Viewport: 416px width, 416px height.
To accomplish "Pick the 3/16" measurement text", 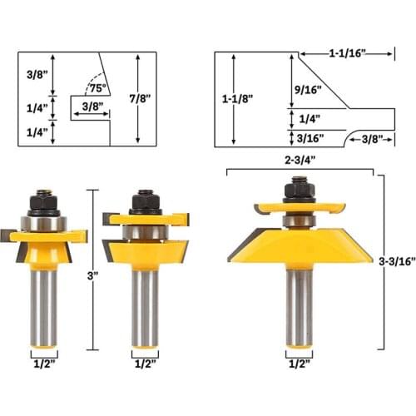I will [307, 138].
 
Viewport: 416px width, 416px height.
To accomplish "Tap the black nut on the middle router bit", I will [146, 201].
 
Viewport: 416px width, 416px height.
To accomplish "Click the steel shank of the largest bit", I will [298, 300].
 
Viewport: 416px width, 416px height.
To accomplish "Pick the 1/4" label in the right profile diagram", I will [307, 118].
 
